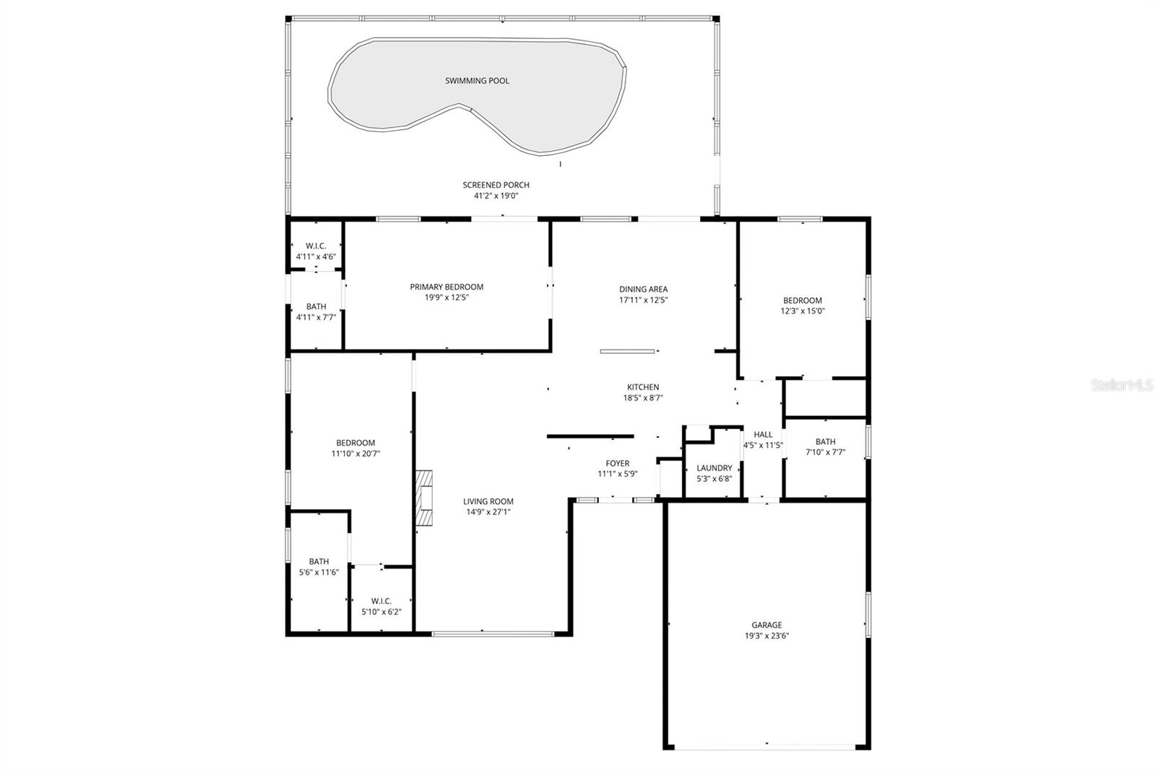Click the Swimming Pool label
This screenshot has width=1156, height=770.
477,81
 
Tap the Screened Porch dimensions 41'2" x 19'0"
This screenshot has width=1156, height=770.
496,196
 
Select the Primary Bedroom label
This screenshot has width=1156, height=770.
447,287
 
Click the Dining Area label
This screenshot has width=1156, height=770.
643,289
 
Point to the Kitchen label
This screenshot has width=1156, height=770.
643,387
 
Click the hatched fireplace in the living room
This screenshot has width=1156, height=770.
424,498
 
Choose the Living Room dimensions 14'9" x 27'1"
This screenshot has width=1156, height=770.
488,512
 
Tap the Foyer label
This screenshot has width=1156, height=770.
617,464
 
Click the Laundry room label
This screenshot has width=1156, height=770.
714,468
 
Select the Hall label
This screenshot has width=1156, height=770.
763,435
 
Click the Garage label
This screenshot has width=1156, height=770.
767,626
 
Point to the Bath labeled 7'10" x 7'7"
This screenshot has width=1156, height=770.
825,442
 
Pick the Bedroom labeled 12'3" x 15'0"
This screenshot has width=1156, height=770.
802,300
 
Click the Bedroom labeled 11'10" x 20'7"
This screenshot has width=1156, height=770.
355,443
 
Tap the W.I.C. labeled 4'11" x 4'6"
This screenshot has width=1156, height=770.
316,246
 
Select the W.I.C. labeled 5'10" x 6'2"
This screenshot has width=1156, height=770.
381,601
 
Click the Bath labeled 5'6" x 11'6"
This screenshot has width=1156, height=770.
319,561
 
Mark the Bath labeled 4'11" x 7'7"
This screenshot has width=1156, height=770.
316,306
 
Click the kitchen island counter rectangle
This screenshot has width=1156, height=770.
627,352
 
